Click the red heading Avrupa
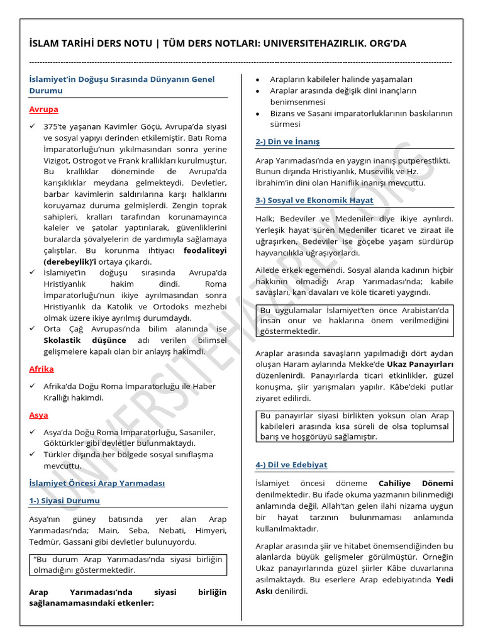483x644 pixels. (43, 109)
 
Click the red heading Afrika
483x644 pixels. (42, 369)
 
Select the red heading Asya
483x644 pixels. (38, 415)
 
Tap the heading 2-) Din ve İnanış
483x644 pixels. (287, 142)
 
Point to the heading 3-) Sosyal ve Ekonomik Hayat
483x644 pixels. (314, 201)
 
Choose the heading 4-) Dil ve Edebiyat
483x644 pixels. (291, 465)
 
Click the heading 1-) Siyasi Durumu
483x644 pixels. (64, 501)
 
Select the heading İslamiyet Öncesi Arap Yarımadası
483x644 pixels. (97, 484)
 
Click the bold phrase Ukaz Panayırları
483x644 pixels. (420, 364)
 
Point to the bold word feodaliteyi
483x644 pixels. (205, 250)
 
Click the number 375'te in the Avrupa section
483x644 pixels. (57, 126)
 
